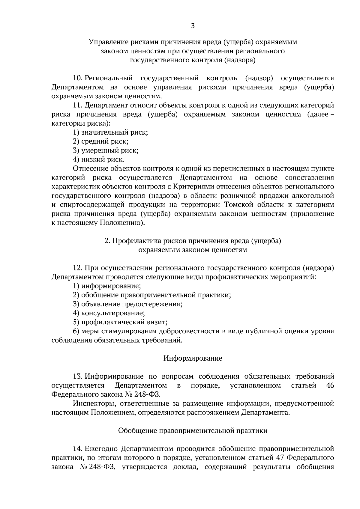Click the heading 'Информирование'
pos(193,358)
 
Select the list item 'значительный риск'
pos(110,132)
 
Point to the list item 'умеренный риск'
pos(106,150)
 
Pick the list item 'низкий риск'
pos(99,159)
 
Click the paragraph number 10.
pos(78,78)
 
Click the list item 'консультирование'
pos(109,313)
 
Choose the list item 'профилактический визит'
pos(120,322)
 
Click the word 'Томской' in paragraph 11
pos(236,205)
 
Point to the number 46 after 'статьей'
pos(330,385)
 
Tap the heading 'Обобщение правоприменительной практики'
pos(193,431)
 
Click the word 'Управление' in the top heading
pos(106,42)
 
